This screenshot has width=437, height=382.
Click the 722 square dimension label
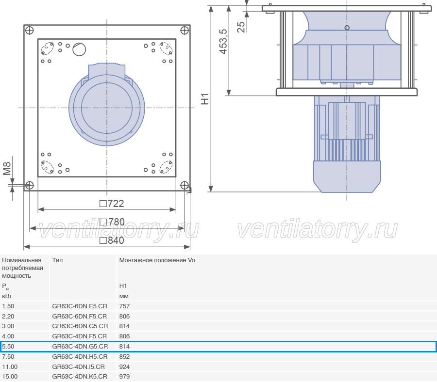112,204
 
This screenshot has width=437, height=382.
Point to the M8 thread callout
7,169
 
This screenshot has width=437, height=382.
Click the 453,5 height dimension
223,42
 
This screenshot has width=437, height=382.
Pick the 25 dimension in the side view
241,27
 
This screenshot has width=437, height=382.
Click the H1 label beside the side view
205,99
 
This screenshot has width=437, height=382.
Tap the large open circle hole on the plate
79,49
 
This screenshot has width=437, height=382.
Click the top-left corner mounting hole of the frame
29,31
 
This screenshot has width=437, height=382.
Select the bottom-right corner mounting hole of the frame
185,185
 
